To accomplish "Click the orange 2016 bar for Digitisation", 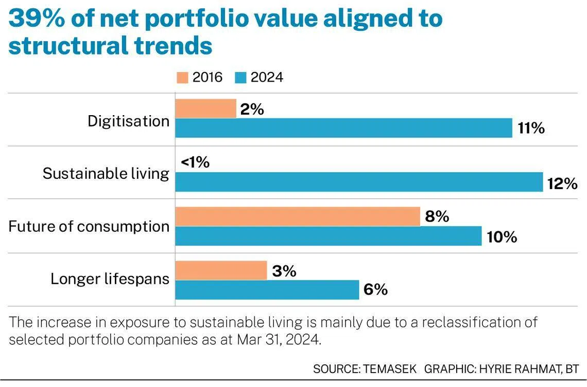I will coord(205,108).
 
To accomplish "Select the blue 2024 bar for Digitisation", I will coord(343,128).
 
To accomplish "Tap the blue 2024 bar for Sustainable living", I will coord(359,182).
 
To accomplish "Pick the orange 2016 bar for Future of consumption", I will coord(298,217).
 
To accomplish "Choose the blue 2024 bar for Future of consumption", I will coord(328,236).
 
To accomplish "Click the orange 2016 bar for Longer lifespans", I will coord(221,270).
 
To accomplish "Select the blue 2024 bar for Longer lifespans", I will coord(267,289).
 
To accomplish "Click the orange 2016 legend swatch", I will coord(182,78).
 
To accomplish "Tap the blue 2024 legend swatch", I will coord(241,78).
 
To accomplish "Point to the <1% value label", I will coord(195,162).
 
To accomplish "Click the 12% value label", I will coord(562,183).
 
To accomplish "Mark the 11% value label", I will coord(531,128).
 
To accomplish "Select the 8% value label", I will coord(437,217).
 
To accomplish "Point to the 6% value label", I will coord(375,290).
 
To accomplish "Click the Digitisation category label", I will coord(128,121).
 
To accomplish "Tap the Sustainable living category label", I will coord(106,174).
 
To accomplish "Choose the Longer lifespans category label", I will coord(110,279).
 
